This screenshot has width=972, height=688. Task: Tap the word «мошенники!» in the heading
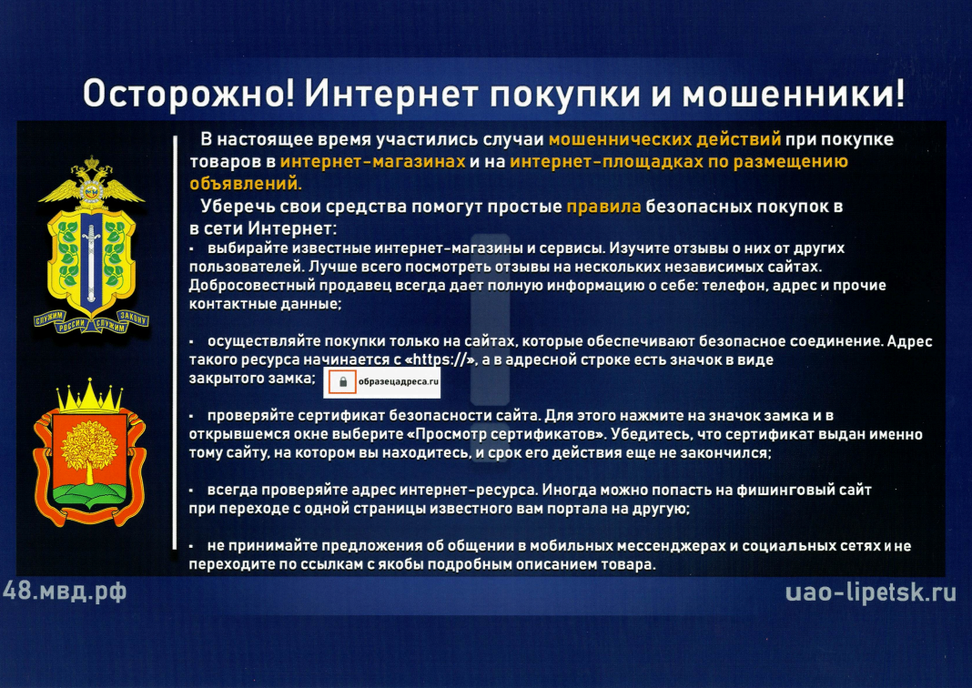coord(794,95)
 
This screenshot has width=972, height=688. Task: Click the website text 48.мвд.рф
coord(65,592)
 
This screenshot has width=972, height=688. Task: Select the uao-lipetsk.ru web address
coord(870,592)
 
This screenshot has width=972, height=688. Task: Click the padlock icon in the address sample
coord(342,382)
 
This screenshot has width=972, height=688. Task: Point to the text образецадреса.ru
coord(398,382)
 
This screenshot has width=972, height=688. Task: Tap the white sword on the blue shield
coord(92,263)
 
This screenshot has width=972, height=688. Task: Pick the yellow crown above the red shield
coord(90,396)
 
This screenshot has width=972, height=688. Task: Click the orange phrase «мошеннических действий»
coord(664,139)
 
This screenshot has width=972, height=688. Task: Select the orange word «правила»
coord(603,207)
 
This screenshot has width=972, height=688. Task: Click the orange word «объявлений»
coord(246,184)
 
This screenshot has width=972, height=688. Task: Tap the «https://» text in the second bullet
coord(441,360)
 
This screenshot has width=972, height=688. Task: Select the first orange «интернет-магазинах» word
coord(372,162)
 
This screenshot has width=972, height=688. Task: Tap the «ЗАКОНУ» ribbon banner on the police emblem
coord(134,319)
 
